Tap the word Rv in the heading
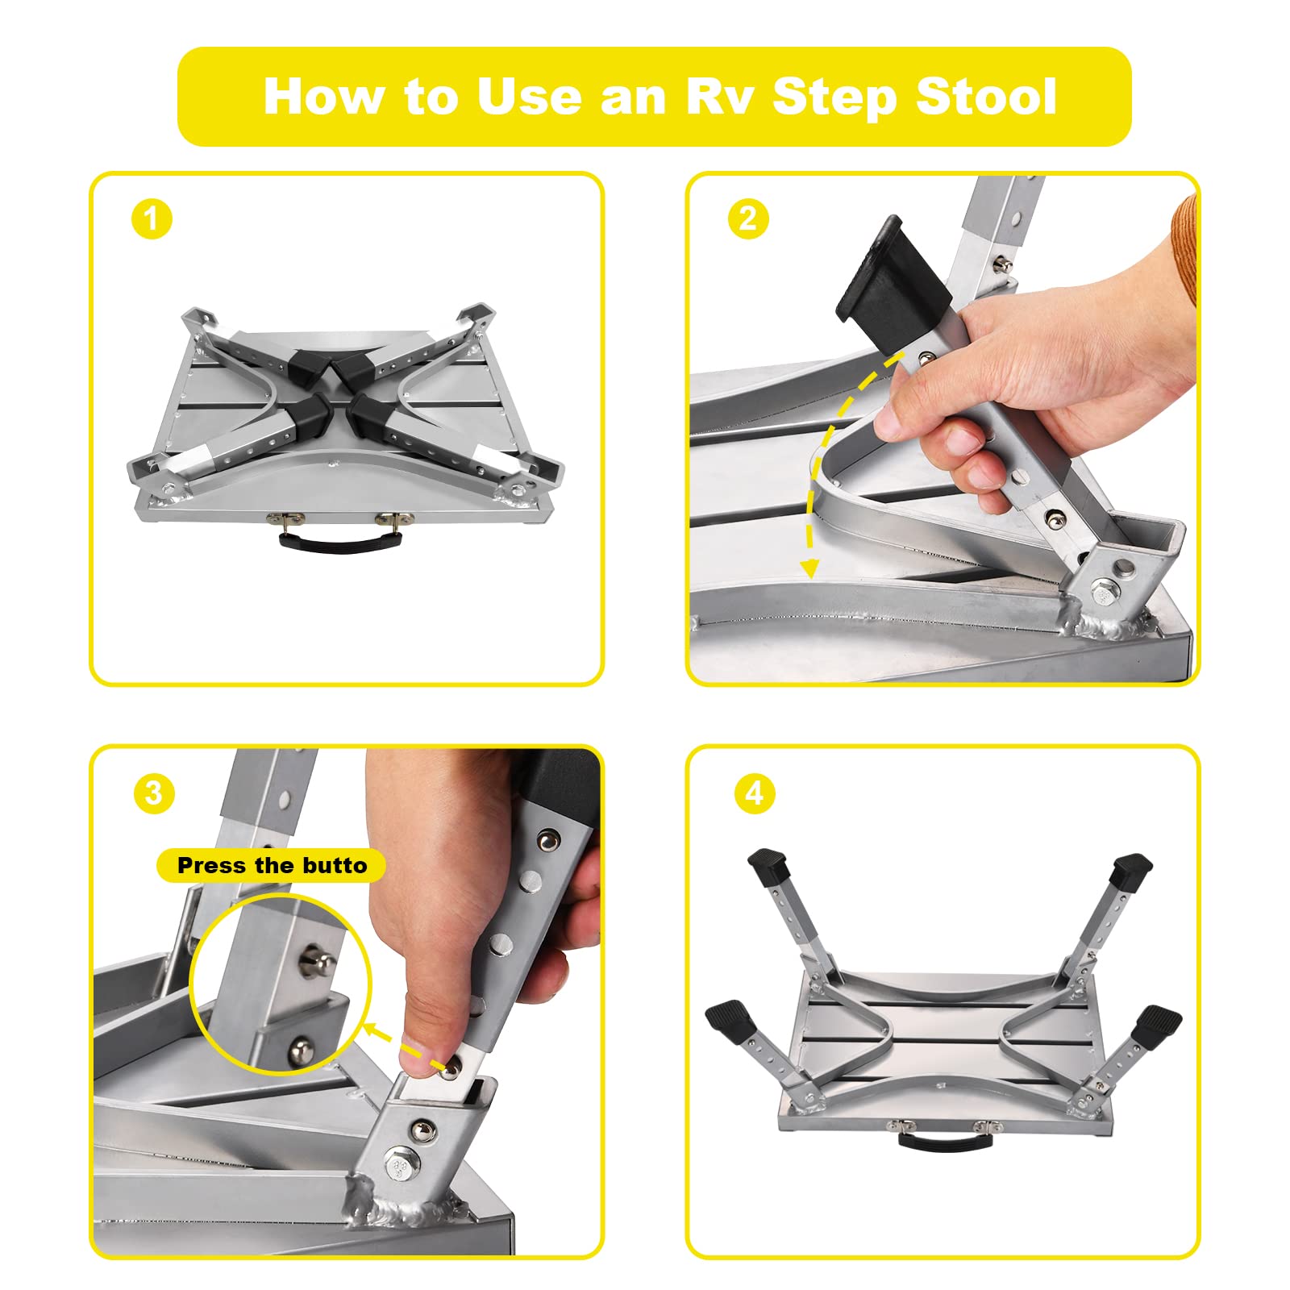coord(720,97)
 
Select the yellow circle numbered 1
coord(152,218)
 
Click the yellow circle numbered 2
coord(747,218)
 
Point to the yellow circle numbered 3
coord(154,793)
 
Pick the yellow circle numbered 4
coord(754,793)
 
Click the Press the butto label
coord(272,866)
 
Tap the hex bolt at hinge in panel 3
coord(400,1166)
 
